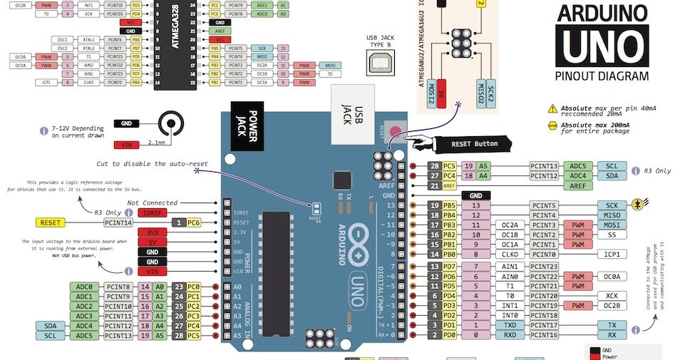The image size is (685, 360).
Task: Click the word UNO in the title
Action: (602, 46)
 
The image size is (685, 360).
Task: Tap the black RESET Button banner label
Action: (475, 143)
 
